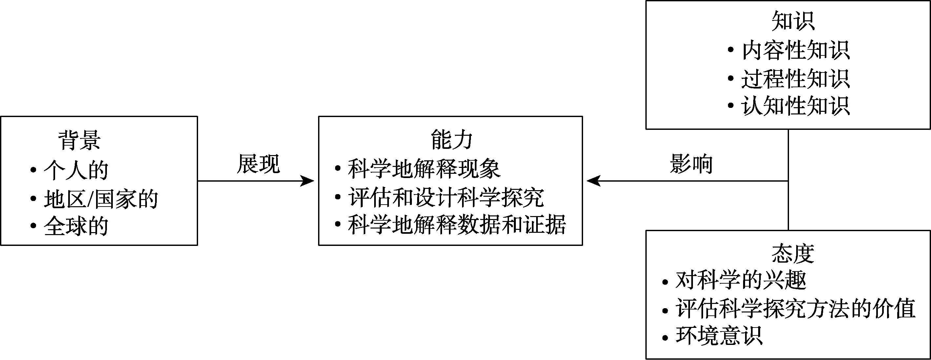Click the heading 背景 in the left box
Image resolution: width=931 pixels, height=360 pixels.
[x=79, y=140]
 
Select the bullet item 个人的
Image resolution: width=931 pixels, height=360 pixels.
[x=76, y=170]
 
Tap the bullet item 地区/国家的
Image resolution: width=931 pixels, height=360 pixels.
[x=101, y=199]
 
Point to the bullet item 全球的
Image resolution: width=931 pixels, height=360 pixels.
[x=76, y=226]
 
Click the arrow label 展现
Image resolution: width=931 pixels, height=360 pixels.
[x=258, y=164]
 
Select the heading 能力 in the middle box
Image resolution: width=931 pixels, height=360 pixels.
[x=452, y=140]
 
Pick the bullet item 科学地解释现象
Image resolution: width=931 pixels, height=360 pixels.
[x=424, y=169]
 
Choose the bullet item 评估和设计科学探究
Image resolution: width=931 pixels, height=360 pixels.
[x=446, y=197]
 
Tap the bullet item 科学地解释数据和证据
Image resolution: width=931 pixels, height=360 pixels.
[x=456, y=225]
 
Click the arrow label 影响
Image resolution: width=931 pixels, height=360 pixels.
[x=691, y=164]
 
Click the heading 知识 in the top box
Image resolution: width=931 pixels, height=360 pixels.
[x=793, y=21]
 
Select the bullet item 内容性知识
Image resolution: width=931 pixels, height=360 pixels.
[x=795, y=50]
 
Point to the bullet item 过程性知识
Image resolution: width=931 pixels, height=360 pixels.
[x=795, y=79]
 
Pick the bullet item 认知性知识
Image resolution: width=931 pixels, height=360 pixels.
[x=795, y=106]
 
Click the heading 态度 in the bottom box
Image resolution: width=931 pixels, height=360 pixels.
[x=793, y=254]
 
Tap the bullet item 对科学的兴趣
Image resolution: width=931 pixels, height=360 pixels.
[x=741, y=280]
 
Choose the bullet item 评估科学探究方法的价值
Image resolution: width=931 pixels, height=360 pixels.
[x=795, y=309]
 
